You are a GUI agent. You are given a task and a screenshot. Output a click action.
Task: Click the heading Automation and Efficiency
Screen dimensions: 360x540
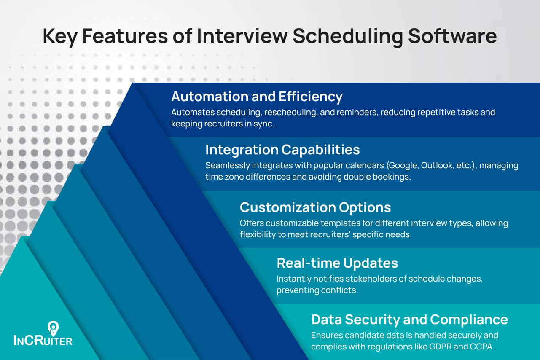(256, 97)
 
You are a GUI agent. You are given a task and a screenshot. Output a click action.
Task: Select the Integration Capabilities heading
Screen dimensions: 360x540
(282, 150)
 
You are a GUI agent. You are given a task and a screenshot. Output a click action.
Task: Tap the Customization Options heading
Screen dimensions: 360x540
(315, 207)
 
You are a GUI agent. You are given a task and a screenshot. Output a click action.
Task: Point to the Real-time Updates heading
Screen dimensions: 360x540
(337, 263)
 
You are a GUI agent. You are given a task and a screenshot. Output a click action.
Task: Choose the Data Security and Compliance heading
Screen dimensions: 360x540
(409, 320)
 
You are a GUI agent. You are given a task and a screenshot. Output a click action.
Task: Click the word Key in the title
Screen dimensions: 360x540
(59, 36)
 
